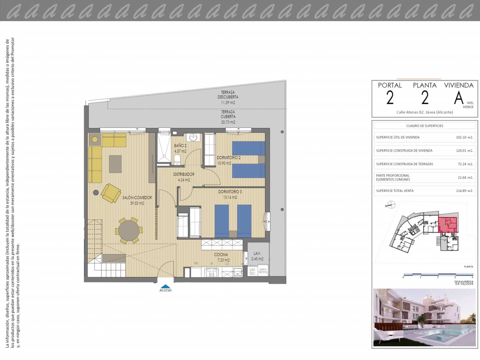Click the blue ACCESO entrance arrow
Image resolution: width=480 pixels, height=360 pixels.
[165, 286]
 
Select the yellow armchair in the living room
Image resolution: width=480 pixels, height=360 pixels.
[110, 193]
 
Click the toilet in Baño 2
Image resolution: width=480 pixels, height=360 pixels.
[177, 160]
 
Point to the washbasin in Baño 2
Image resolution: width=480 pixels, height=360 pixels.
[193, 138]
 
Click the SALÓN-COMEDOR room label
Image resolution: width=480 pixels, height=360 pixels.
[137, 198]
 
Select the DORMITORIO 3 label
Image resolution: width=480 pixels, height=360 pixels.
[230, 192]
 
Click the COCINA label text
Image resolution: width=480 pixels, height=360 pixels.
[221, 255]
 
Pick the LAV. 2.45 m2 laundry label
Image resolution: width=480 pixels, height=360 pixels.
[257, 256]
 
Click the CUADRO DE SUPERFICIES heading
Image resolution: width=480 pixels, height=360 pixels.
[424, 126]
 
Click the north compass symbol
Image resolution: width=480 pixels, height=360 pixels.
[391, 205]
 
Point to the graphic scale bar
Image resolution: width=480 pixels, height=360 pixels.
[438, 274]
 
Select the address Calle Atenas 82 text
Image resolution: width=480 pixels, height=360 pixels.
[424, 112]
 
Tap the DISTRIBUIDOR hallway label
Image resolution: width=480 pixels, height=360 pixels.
[184, 174]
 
